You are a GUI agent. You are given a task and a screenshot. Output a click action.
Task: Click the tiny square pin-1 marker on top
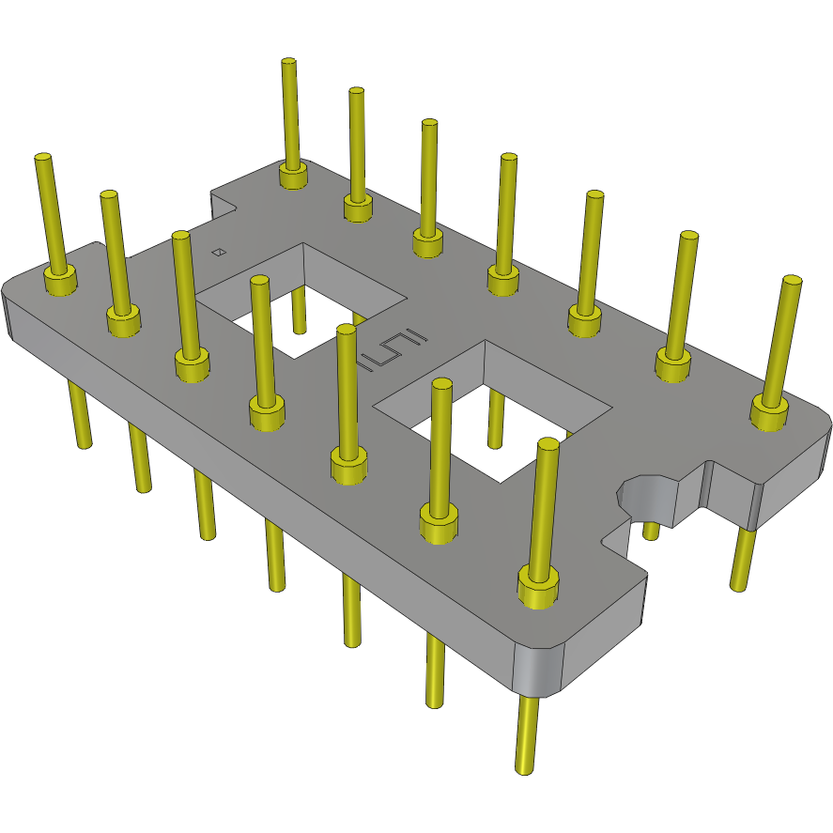coord(218,252)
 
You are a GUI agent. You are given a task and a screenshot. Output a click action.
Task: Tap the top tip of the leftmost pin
coord(41,158)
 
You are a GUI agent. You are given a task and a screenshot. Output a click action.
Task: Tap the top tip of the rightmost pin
coord(793,281)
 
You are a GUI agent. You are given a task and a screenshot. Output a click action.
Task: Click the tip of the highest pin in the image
coord(288,62)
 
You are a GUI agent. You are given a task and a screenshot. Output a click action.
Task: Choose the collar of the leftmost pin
coord(60,281)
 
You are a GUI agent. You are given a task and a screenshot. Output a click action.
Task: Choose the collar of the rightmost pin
coord(770,411)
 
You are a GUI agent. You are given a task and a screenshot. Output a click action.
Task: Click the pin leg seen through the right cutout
coord(495,422)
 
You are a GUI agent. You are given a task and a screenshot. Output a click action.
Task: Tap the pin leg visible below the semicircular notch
coord(651,532)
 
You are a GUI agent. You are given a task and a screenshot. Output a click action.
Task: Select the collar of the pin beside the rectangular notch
coord(293,176)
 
